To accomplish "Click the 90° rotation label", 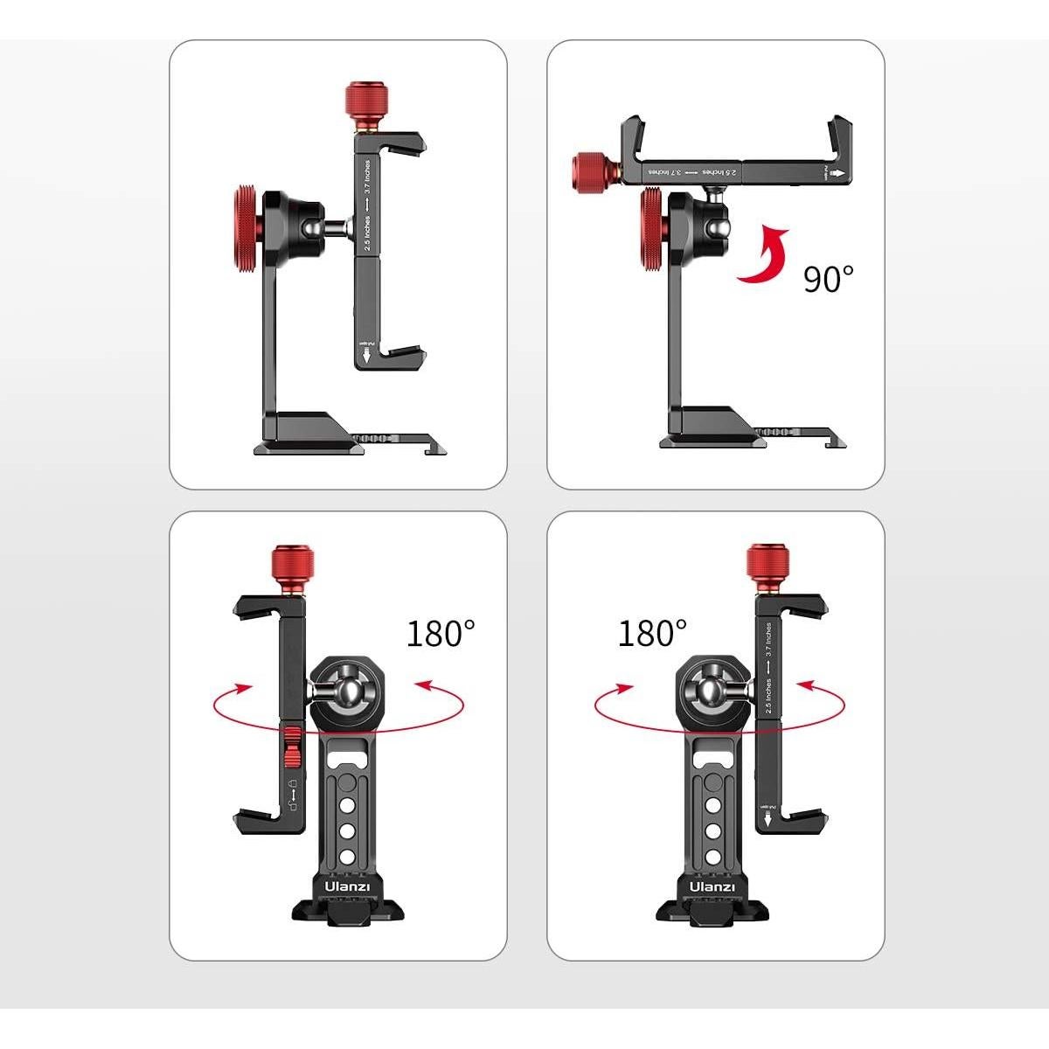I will pyautogui.click(x=828, y=280).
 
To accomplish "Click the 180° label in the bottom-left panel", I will pyautogui.click(x=441, y=633).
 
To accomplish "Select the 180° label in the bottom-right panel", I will pyautogui.click(x=652, y=633).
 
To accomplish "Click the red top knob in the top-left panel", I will pyautogui.click(x=361, y=102).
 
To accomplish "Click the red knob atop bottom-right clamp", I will pyautogui.click(x=766, y=566).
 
